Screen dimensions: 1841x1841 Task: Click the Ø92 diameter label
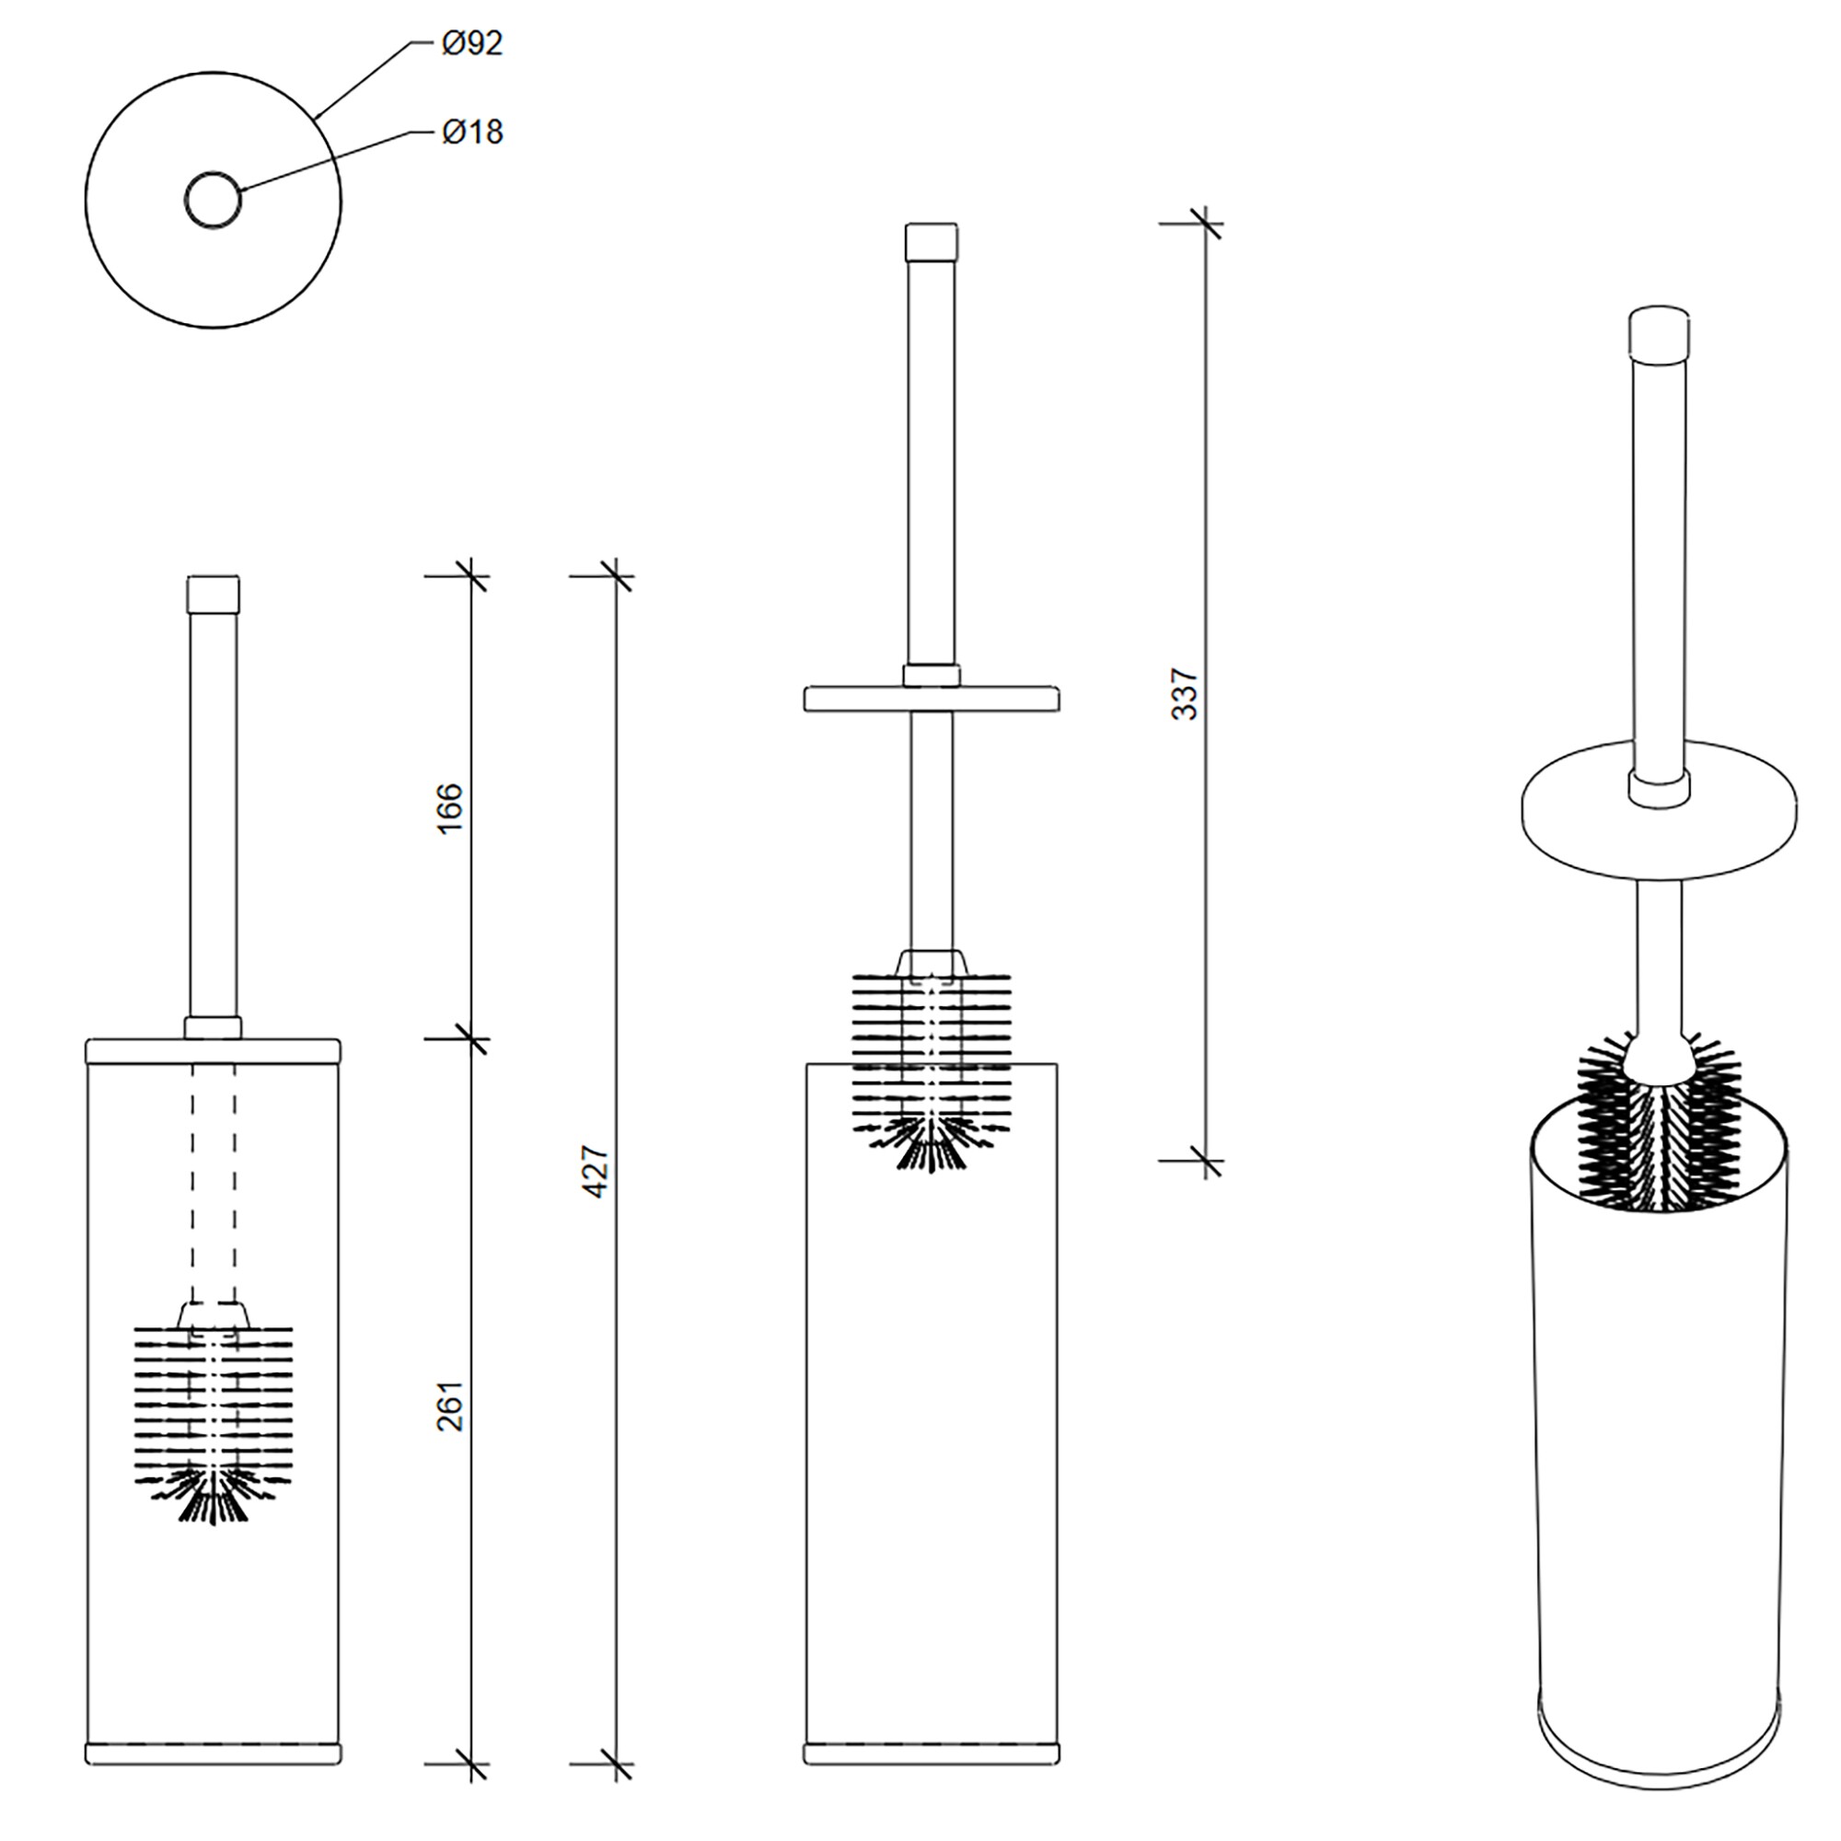[x=470, y=44]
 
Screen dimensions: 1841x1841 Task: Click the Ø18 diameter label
[x=470, y=132]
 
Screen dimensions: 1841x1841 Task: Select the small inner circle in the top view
[x=214, y=200]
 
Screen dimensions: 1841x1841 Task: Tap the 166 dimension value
[x=449, y=808]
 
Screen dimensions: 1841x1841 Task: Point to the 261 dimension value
[x=449, y=1406]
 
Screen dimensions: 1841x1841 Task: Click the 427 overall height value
[x=595, y=1172]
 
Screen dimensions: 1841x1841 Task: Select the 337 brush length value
[x=1184, y=694]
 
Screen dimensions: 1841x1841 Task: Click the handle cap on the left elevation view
[x=214, y=594]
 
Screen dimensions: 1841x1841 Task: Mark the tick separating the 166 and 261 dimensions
[x=471, y=1038]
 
